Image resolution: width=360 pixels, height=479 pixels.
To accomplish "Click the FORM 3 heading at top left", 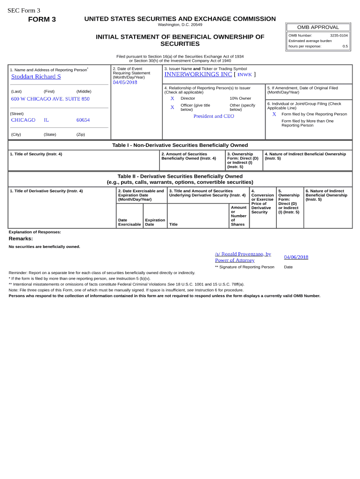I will (x=42, y=19).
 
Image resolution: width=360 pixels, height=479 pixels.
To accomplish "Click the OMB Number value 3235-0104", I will (x=338, y=35).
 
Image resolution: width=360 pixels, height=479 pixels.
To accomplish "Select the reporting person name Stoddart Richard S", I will (x=36, y=77).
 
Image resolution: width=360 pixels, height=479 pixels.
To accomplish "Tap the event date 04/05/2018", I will (x=125, y=82).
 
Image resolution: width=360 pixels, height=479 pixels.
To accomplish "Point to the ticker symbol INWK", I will (x=245, y=74).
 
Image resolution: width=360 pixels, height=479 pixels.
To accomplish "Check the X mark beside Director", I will (x=172, y=98).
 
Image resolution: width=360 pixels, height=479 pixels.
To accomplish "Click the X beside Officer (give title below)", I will (x=172, y=107).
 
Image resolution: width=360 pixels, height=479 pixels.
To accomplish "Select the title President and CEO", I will (x=214, y=116).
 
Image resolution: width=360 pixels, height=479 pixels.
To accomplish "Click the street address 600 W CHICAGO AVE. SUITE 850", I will (x=50, y=99).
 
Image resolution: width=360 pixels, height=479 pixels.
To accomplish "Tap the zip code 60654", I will (x=83, y=120).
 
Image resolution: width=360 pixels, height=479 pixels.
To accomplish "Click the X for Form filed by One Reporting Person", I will (x=274, y=114).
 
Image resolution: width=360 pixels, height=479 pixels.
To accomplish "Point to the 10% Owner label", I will (x=240, y=98).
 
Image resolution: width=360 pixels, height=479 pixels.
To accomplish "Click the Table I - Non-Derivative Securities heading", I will (x=180, y=145).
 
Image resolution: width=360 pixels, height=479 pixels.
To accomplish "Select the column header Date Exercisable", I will (x=129, y=222).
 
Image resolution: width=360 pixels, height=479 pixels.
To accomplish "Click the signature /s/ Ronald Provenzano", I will (x=243, y=254).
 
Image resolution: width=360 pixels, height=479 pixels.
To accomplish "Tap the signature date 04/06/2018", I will (x=296, y=257).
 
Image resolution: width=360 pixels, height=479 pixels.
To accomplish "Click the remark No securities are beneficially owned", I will (x=44, y=247).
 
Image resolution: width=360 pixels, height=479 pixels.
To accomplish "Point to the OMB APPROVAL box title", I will (x=318, y=27).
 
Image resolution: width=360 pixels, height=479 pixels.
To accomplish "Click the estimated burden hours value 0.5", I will (x=345, y=46).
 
